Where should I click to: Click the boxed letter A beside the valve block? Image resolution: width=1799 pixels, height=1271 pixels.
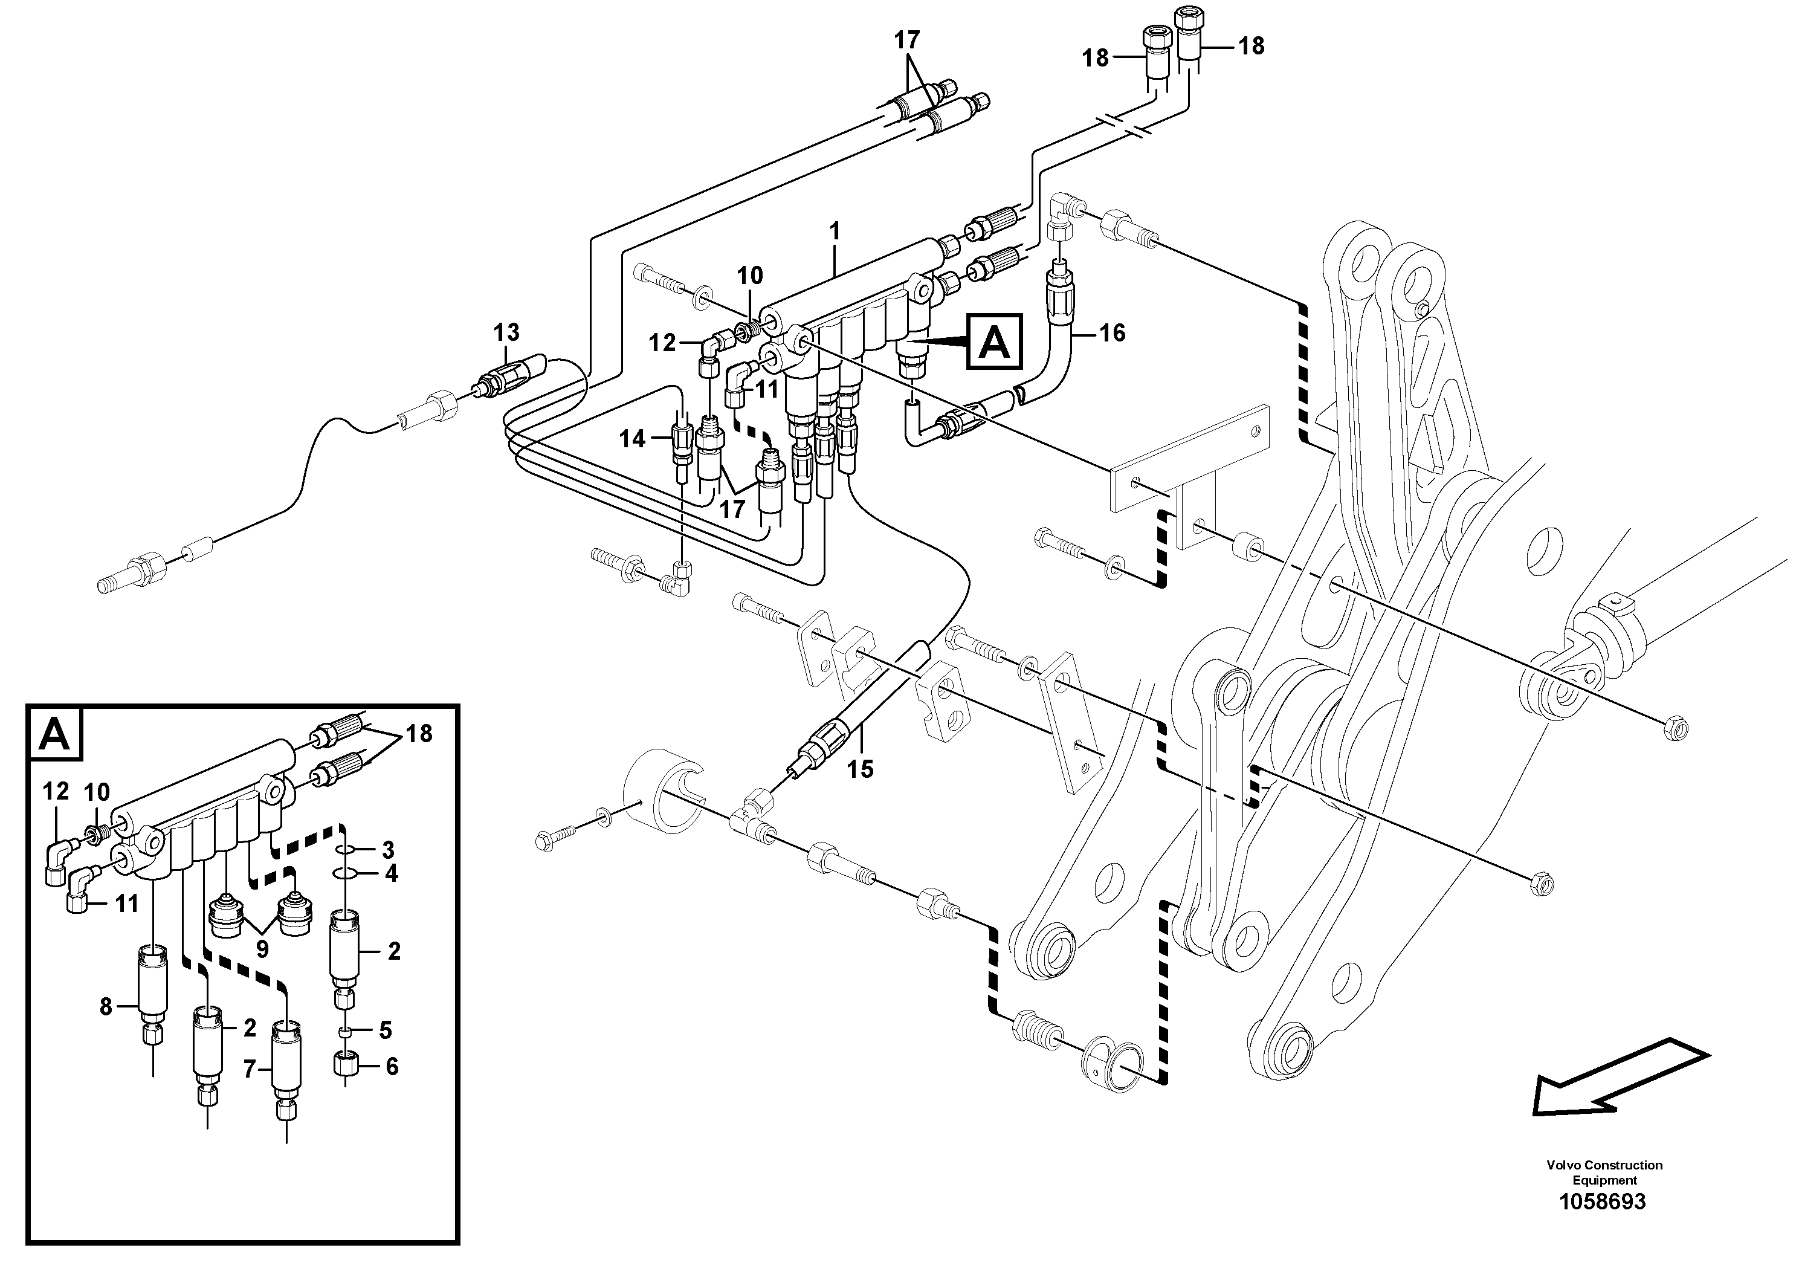tap(994, 341)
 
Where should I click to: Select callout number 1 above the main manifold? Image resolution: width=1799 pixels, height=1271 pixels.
tap(835, 231)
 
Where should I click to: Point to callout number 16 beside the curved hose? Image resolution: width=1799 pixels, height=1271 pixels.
tap(1112, 333)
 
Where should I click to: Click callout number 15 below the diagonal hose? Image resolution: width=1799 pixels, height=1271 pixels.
tap(861, 769)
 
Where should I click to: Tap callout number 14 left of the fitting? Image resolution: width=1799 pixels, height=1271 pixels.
tap(632, 439)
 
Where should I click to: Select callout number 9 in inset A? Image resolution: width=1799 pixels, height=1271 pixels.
tap(262, 949)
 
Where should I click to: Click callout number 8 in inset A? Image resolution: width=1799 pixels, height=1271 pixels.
tap(106, 1007)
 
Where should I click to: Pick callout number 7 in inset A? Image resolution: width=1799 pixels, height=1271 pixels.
tap(249, 1069)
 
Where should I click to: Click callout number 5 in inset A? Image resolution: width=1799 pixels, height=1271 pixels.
tap(386, 1030)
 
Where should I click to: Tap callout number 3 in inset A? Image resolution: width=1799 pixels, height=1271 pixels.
tap(388, 849)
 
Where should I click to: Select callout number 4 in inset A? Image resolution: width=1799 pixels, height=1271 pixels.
tap(391, 873)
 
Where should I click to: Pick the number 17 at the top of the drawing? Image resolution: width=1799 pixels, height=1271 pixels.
tap(907, 39)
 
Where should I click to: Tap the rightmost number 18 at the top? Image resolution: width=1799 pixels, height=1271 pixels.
tap(1252, 45)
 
